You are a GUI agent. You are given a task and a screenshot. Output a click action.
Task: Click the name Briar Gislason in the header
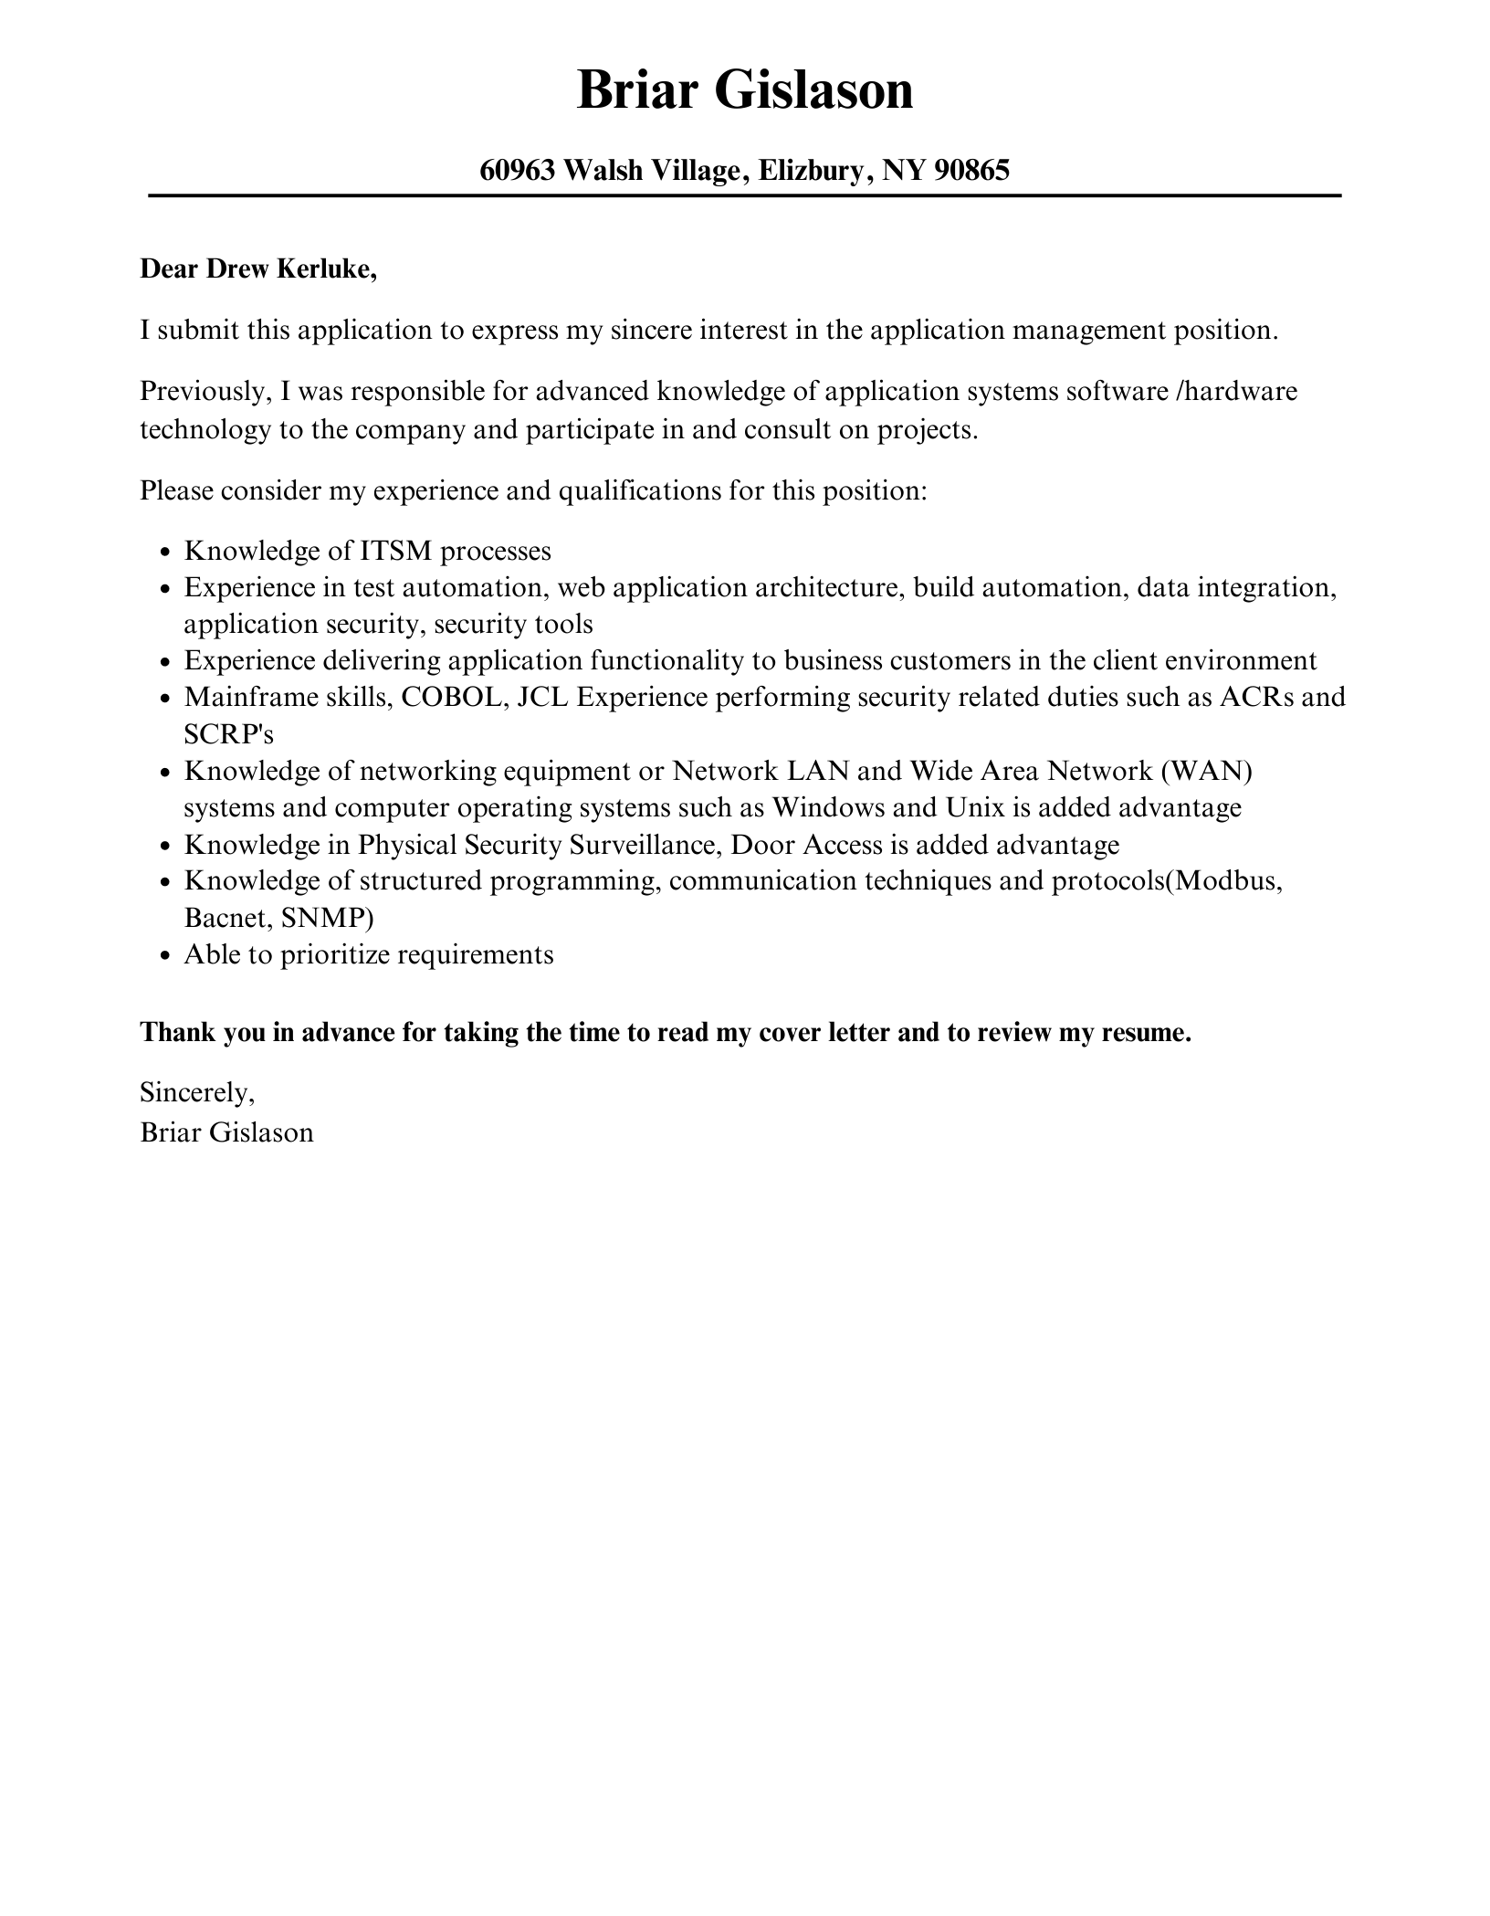click(x=745, y=91)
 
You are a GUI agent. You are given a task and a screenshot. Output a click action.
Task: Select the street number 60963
click(x=518, y=170)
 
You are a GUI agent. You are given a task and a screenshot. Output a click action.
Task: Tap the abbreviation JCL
click(x=542, y=697)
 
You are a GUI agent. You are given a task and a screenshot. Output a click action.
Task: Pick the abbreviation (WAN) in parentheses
click(x=1206, y=771)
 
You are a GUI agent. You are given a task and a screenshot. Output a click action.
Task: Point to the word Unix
click(x=975, y=807)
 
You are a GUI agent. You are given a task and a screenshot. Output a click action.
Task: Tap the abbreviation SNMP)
click(x=327, y=918)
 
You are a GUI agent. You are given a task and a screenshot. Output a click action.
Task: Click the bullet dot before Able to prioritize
click(x=165, y=956)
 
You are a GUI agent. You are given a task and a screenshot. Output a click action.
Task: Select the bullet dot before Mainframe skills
click(x=165, y=699)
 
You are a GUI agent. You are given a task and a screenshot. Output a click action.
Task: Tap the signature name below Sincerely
click(x=226, y=1132)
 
